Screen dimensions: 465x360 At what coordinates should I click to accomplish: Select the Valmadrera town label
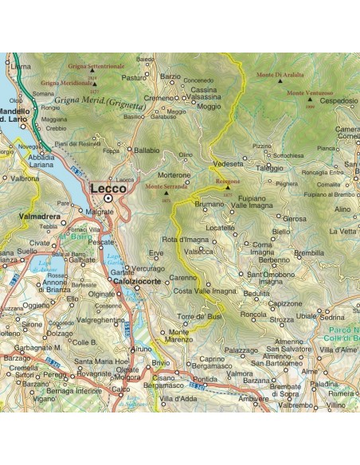37,214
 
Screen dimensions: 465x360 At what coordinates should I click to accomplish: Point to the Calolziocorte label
136,281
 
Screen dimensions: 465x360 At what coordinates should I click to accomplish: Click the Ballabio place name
147,150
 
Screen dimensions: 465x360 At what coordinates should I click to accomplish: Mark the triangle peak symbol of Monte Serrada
166,192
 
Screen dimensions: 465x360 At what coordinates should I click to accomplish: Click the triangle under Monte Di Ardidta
281,81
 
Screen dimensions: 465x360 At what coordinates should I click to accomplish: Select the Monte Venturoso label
305,93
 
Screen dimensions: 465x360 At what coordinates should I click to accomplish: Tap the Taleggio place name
269,168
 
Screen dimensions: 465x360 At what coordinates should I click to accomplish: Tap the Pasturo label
134,78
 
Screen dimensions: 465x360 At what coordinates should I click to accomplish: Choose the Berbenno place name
274,260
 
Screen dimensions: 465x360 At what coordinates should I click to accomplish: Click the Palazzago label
241,350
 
